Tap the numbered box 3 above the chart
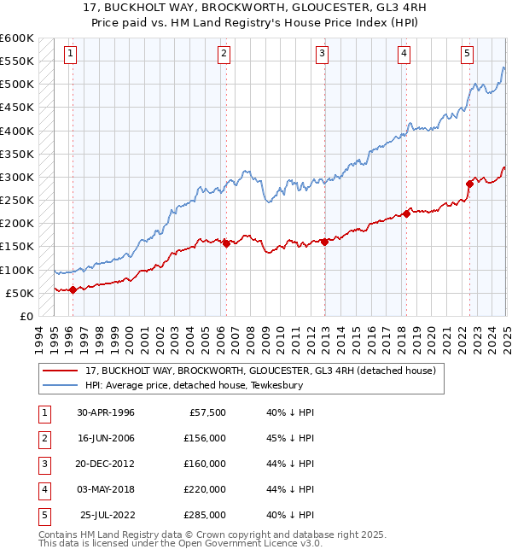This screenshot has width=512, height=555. coord(323,54)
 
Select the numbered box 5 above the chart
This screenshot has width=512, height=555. coord(468,54)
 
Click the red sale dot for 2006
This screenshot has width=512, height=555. coord(226,243)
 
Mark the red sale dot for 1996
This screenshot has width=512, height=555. coord(73,289)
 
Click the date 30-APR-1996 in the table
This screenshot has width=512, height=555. coord(106,412)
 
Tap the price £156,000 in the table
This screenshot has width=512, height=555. coord(205,438)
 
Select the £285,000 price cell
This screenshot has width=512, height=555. coord(205,515)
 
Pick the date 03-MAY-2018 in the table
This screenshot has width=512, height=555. coord(106,489)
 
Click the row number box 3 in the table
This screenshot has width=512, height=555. coord(42,464)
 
